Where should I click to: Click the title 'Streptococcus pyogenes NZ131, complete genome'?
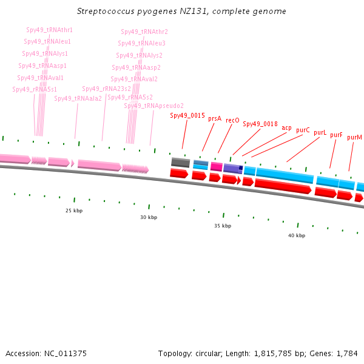pyautogui.click(x=182, y=12)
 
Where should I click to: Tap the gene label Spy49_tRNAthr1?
pyautogui.click(x=49, y=30)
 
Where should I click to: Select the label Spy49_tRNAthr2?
pyautogui.click(x=144, y=32)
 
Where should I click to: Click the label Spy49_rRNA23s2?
pyautogui.click(x=106, y=89)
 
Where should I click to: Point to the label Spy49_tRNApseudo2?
pyautogui.click(x=153, y=106)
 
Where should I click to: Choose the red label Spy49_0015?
pyautogui.click(x=187, y=115)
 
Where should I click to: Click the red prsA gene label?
pyautogui.click(x=215, y=119)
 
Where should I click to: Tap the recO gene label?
pyautogui.click(x=232, y=120)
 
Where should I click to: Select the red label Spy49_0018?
pyautogui.click(x=260, y=124)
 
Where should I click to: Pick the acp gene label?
pyautogui.click(x=286, y=127)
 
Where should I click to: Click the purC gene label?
pyautogui.click(x=303, y=130)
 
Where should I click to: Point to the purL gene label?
pyautogui.click(x=320, y=132)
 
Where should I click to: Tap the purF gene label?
pyautogui.click(x=336, y=135)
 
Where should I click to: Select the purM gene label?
pyautogui.click(x=354, y=137)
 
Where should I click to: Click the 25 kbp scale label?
pyautogui.click(x=74, y=211)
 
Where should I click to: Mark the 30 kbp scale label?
pyautogui.click(x=149, y=217)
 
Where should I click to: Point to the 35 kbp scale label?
pyautogui.click(x=223, y=226)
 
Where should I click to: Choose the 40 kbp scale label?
pyautogui.click(x=297, y=235)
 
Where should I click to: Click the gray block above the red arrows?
pyautogui.click(x=180, y=163)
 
